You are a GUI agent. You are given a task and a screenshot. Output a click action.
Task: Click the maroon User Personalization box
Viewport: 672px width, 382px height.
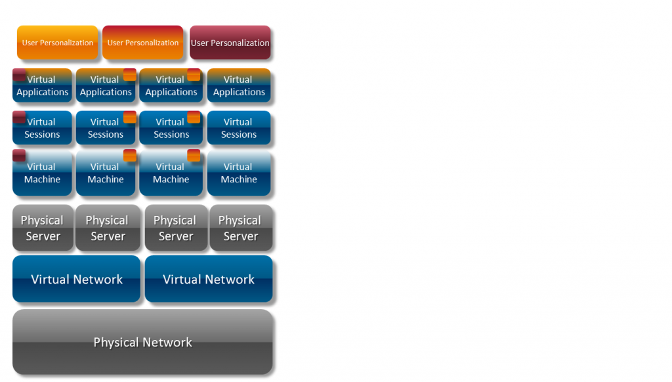[x=230, y=43]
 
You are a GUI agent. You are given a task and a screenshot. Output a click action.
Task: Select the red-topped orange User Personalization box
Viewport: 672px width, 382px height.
[x=142, y=43]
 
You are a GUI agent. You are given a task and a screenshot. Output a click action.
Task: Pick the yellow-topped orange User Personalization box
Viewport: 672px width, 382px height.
[x=57, y=43]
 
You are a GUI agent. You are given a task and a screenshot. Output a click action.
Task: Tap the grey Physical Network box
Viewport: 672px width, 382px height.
[x=142, y=342]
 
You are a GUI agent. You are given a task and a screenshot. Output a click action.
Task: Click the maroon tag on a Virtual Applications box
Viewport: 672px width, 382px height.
[x=19, y=74]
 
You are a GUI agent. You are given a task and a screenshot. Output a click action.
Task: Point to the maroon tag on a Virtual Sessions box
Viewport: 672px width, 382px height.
[x=19, y=117]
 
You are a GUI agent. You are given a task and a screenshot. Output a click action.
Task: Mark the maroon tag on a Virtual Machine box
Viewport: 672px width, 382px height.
[x=19, y=156]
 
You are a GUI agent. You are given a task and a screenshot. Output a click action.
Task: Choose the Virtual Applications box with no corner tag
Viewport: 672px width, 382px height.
[x=239, y=85]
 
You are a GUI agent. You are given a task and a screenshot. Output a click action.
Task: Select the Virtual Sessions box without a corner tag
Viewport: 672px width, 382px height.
[x=239, y=128]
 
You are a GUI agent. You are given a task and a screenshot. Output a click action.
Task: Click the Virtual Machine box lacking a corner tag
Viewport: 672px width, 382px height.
[x=239, y=173]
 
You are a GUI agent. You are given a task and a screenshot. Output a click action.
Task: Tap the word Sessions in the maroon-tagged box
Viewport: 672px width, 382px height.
[x=42, y=135]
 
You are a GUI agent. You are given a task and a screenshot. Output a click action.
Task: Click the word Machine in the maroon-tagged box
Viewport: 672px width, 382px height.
[x=42, y=179]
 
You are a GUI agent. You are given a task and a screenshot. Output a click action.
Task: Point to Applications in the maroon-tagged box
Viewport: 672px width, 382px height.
[x=43, y=92]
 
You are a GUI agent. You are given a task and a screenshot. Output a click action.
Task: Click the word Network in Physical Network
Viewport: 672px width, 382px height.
[x=169, y=342]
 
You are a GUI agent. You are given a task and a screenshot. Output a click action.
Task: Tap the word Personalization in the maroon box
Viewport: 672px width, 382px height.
[x=239, y=43]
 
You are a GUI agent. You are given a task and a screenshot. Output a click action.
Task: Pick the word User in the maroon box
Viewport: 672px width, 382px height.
[x=199, y=43]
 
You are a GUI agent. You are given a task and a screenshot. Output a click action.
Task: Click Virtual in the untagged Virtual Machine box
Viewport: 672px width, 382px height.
[x=238, y=167]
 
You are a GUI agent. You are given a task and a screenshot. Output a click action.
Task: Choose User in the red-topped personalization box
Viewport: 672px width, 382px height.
[x=115, y=43]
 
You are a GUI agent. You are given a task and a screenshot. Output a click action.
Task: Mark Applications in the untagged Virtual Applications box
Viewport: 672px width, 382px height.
[x=239, y=92]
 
